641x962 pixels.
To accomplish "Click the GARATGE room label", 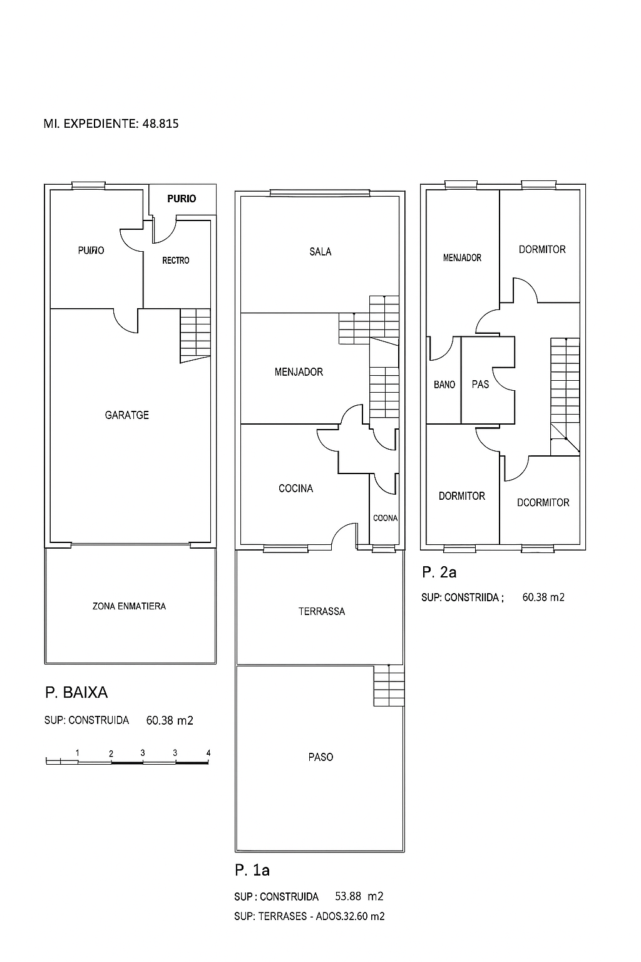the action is (x=127, y=415).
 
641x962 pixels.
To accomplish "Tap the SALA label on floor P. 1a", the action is (x=320, y=252).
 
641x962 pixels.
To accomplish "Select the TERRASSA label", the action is (x=322, y=611).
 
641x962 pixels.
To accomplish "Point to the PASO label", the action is (x=320, y=757).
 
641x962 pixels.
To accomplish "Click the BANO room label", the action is (x=444, y=385).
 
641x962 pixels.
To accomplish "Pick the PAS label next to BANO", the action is (x=480, y=384).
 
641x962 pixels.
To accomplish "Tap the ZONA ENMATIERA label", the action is (x=129, y=606).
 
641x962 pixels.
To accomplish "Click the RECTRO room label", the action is (x=176, y=261).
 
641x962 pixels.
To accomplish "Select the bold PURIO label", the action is (x=182, y=199).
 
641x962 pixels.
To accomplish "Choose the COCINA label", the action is (x=296, y=489).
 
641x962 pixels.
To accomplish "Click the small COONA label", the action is (x=385, y=518).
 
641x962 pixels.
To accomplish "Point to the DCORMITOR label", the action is (x=543, y=502).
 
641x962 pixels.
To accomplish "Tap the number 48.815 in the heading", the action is (x=160, y=123).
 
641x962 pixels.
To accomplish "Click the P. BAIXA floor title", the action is (x=76, y=692).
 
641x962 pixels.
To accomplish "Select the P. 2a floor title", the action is (x=439, y=572).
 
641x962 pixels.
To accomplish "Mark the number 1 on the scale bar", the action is (x=77, y=752).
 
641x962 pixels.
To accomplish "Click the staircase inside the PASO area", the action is (x=389, y=685).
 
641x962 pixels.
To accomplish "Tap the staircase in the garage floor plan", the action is (x=195, y=336).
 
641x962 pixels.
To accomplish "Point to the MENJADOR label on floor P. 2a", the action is (x=462, y=257).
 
